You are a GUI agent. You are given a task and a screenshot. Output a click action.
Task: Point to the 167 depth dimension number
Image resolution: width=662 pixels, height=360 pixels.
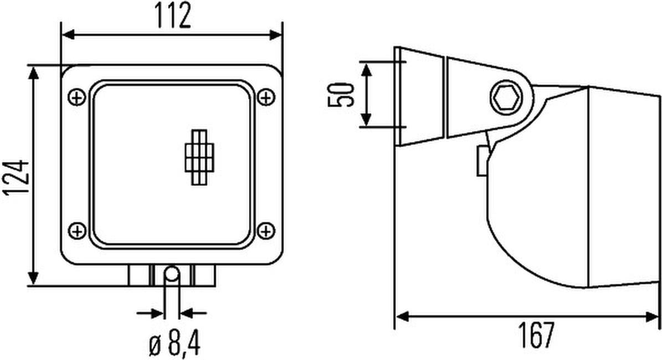pos(535,336)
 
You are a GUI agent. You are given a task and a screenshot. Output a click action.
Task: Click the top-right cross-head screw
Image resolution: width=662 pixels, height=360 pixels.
pos(266,97)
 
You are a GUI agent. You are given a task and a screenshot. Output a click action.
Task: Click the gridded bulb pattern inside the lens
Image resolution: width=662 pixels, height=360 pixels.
pos(199,157)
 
